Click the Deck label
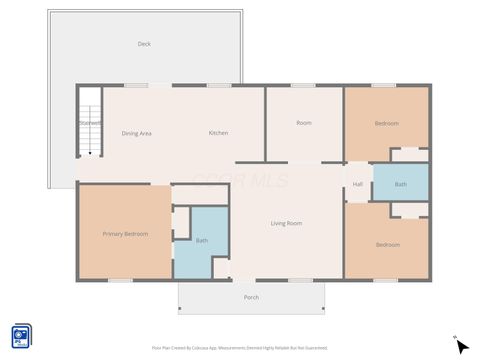(x=144, y=44)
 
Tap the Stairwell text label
(x=90, y=123)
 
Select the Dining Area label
(x=136, y=133)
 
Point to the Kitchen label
(x=218, y=133)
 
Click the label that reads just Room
(x=304, y=123)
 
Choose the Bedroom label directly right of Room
(x=387, y=123)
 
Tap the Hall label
(x=357, y=184)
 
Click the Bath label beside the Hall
(x=400, y=184)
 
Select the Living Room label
(x=286, y=223)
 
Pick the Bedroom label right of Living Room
(x=387, y=244)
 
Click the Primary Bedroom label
(x=126, y=234)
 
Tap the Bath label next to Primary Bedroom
(x=202, y=240)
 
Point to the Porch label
(x=251, y=297)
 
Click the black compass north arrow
(x=461, y=346)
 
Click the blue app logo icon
(x=21, y=336)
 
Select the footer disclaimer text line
(x=239, y=347)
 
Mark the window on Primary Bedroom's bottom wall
(x=120, y=280)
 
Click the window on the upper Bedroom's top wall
(x=384, y=85)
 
